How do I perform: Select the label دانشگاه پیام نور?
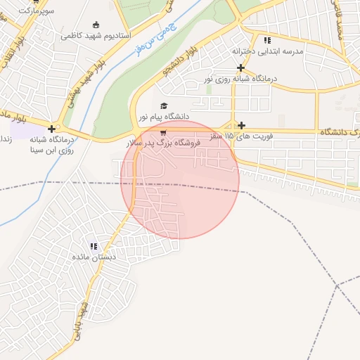coord(163,115)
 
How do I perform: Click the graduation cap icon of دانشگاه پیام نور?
coord(164,105)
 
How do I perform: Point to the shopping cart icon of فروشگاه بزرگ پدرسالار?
coord(163,132)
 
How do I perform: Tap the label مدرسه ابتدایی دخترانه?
coord(266,51)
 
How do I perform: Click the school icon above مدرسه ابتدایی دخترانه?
coord(266,40)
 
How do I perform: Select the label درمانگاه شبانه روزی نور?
coord(241,79)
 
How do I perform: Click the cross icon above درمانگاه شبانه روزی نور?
coord(241,68)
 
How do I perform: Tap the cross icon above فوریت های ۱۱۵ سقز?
coord(242,124)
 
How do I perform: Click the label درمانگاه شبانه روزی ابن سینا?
coord(51,145)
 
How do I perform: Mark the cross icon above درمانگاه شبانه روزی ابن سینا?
coord(51,129)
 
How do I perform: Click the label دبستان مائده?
coord(94,257)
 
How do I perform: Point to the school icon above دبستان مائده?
coord(94,246)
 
